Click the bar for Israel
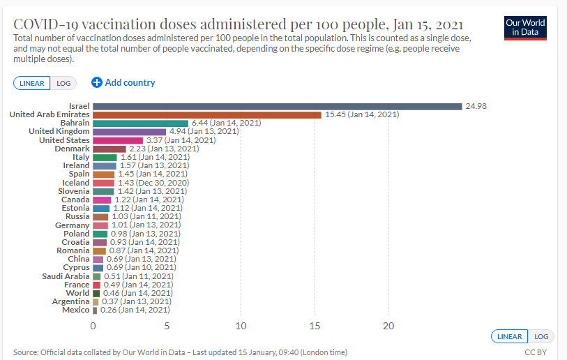point(277,106)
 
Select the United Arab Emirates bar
point(206,114)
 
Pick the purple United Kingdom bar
point(129,131)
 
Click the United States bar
point(118,140)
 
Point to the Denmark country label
point(72,149)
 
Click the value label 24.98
point(476,106)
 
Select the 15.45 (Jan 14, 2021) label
point(362,114)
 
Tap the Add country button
point(123,82)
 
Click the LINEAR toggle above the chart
point(31,83)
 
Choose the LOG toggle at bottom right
point(541,336)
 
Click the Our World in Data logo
point(525,28)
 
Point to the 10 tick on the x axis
point(241,326)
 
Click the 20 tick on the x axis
point(388,326)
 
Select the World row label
point(77,293)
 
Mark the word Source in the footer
point(25,352)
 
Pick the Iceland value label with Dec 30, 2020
point(152,183)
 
